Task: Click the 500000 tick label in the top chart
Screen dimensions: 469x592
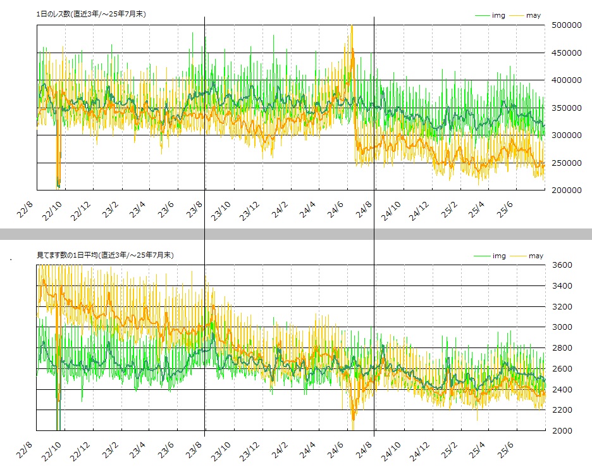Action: tap(566, 25)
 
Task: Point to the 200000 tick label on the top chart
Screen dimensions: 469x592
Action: tap(566, 190)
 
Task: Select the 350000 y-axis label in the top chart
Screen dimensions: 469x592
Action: tap(566, 108)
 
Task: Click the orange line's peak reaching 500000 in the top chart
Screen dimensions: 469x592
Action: tap(352, 27)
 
